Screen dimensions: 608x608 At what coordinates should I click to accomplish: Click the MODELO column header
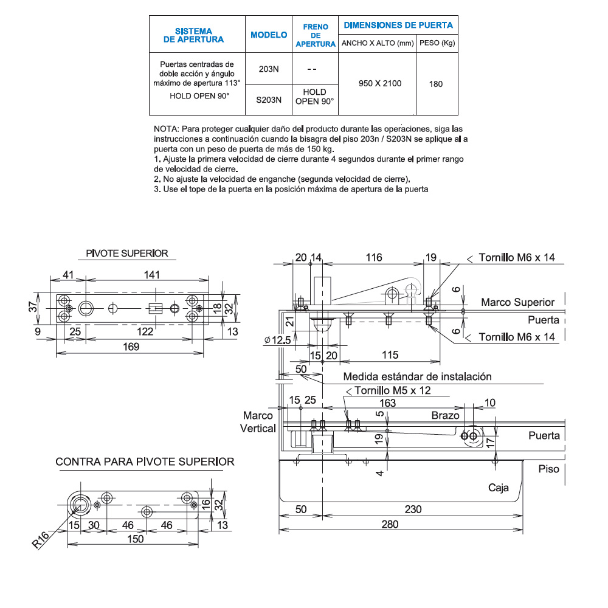[269, 35]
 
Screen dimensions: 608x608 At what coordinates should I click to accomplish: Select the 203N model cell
[269, 69]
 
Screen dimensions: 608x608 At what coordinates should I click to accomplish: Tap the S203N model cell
[269, 101]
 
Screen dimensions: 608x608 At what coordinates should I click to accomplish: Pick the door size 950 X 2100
[377, 83]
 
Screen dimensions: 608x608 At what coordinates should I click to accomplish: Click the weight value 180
[436, 84]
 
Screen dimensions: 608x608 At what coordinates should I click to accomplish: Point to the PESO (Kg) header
[437, 43]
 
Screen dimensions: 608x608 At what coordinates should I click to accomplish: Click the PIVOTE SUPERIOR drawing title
[127, 254]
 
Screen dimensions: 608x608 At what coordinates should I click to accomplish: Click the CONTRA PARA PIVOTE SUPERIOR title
[145, 461]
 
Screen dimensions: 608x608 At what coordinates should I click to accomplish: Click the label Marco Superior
[517, 302]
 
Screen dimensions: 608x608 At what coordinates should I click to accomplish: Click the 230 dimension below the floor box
[413, 510]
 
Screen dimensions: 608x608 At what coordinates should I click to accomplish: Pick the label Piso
[550, 469]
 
